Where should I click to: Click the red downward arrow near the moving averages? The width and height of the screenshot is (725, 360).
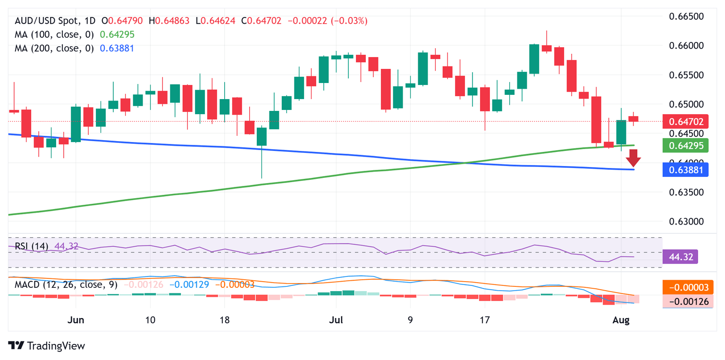(633, 158)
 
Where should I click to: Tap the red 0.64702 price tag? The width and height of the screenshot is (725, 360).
(685, 122)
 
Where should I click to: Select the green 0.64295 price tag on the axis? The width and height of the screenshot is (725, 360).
(685, 146)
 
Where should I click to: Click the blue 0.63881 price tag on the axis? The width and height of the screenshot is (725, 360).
(685, 169)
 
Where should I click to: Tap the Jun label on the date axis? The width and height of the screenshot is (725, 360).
(76, 319)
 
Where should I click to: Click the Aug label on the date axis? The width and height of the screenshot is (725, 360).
(621, 319)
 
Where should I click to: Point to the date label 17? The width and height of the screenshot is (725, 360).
(485, 319)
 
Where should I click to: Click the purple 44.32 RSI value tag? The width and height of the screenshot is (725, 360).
(680, 257)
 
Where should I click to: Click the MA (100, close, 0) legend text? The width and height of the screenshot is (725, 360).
(54, 34)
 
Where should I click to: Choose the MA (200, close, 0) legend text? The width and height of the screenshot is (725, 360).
(54, 48)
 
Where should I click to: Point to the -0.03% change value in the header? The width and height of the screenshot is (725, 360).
(350, 21)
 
